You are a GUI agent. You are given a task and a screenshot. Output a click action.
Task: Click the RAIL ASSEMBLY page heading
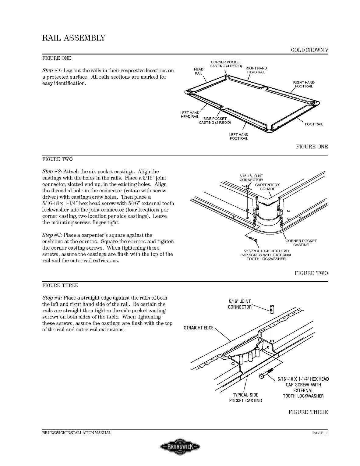[73, 38]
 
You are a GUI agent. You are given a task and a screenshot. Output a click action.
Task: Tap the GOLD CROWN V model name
[309, 50]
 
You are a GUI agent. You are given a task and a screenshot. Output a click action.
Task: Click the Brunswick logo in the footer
[180, 447]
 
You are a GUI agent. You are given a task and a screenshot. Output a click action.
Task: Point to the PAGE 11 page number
[320, 433]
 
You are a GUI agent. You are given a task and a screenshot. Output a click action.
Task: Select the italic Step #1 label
[52, 71]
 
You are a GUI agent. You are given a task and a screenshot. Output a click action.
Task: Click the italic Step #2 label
[52, 172]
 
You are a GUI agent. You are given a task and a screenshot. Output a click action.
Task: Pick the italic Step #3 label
[52, 235]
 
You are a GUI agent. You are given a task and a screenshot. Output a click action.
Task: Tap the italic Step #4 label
[52, 298]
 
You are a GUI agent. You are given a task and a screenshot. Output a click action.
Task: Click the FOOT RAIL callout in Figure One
[314, 124]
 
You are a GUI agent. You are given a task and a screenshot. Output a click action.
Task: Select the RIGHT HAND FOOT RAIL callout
[304, 84]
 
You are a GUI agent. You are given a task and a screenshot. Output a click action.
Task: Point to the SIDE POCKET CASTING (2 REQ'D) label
[215, 120]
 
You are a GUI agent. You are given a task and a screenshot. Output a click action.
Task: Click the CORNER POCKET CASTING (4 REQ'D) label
[226, 64]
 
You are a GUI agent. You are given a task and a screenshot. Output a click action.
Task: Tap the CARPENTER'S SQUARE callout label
[267, 187]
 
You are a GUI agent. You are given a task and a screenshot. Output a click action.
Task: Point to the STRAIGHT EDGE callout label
[199, 328]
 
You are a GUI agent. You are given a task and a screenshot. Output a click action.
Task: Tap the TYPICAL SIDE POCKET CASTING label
[245, 398]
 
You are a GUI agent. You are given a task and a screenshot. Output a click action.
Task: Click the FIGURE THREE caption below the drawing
[308, 412]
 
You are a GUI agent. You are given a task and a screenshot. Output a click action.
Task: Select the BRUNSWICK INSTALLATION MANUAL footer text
[76, 433]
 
